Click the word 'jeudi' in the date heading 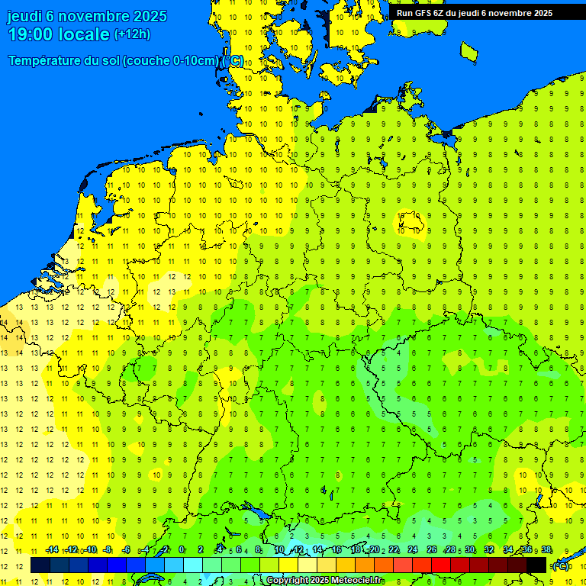point(24,16)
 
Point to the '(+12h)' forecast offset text point(132,34)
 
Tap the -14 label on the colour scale point(52,550)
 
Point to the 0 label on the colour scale point(182,550)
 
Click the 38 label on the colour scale point(546,550)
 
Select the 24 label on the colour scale point(413,550)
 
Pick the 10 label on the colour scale point(279,550)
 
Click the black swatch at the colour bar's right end point(536,565)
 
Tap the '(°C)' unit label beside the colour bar point(561,565)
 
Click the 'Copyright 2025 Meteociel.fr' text point(324,580)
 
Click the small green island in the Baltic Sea point(468,51)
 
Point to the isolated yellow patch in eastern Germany point(408,221)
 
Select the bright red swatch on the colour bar point(441,565)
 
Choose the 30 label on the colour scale point(470,550)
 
